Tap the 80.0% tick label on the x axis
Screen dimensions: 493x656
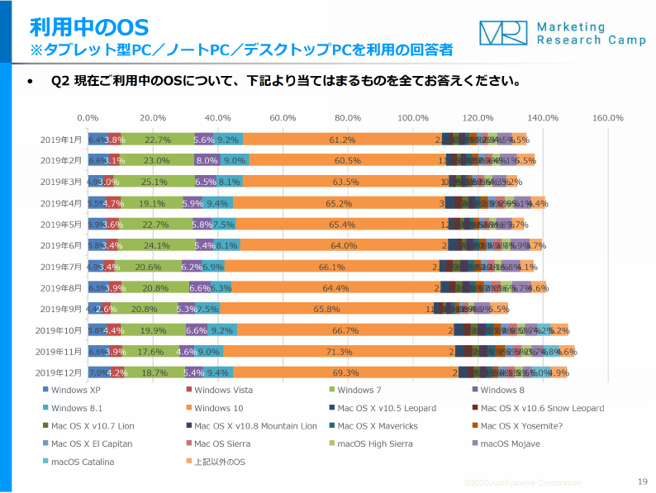[x=348, y=118]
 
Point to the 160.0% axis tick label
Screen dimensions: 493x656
[x=607, y=118]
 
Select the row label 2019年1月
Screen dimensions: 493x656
[x=60, y=140]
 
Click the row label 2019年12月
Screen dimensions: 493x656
[x=59, y=372]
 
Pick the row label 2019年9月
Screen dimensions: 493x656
[x=60, y=309]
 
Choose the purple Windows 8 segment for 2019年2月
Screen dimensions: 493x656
[x=207, y=161]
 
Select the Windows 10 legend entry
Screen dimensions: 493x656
[x=219, y=408]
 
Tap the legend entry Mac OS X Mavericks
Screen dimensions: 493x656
[x=377, y=426]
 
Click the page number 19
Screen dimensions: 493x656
[x=643, y=481]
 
